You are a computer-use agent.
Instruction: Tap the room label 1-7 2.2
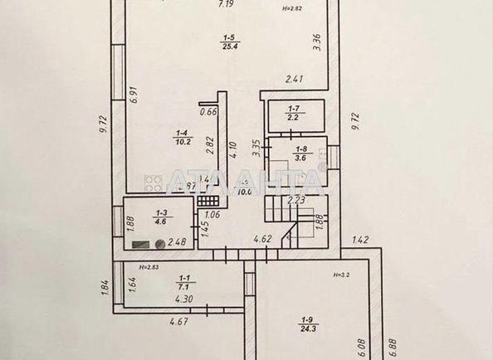click(294, 114)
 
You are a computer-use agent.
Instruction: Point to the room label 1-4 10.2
click(181, 136)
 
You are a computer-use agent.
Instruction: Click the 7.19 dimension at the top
click(225, 5)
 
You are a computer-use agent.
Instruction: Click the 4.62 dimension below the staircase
click(263, 240)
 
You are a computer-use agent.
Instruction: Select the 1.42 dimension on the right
click(360, 241)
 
